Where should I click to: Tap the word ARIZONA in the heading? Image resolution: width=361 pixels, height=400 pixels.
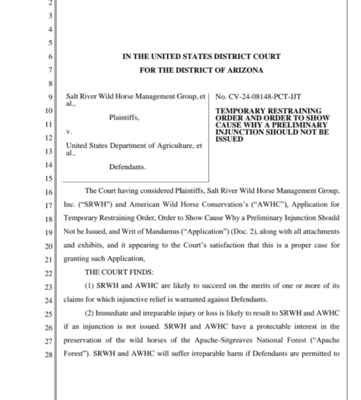click(245, 70)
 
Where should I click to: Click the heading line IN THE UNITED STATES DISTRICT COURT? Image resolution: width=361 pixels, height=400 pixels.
click(201, 56)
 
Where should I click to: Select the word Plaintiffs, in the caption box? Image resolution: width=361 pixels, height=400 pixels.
click(124, 118)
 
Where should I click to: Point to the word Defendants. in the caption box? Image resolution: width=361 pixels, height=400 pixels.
click(127, 167)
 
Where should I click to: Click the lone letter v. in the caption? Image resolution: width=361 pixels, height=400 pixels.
click(69, 132)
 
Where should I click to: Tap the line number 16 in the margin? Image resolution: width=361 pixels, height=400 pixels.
click(49, 193)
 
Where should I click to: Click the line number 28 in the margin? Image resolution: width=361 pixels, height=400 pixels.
click(49, 355)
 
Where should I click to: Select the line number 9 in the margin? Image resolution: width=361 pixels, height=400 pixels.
click(51, 97)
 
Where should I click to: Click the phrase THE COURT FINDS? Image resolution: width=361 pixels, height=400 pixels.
click(119, 272)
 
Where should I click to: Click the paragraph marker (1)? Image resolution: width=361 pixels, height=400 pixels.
click(90, 286)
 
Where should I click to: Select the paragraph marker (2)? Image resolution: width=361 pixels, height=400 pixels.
click(90, 313)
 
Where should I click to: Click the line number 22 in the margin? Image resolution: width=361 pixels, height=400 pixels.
click(49, 274)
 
